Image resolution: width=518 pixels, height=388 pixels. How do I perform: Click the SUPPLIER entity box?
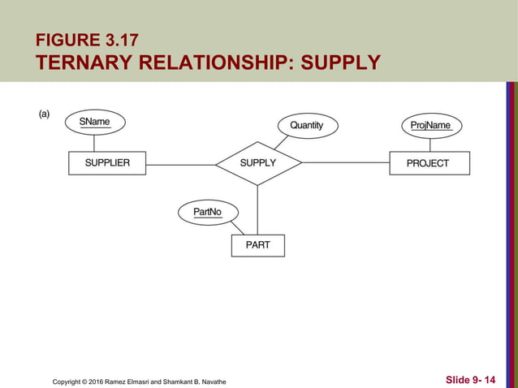(x=107, y=163)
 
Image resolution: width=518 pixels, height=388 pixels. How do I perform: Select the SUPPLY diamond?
(x=258, y=163)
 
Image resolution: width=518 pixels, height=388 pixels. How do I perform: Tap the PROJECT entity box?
(x=428, y=163)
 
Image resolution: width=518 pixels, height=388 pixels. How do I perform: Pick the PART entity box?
(x=257, y=244)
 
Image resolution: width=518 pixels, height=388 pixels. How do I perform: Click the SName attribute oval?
(x=94, y=122)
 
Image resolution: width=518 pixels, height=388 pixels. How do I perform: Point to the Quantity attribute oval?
(x=306, y=125)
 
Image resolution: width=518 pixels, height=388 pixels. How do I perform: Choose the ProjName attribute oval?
(x=430, y=125)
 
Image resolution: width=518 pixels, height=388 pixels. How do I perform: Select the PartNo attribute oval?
(x=208, y=213)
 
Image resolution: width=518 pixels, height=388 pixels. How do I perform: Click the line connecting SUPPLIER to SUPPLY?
(x=180, y=164)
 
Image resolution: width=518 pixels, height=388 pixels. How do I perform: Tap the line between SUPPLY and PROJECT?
(x=345, y=163)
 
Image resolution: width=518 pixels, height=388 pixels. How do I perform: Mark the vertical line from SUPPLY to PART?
(x=257, y=209)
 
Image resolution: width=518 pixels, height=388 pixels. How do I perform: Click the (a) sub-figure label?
(x=45, y=114)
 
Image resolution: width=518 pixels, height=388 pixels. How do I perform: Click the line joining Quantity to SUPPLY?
(x=280, y=142)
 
